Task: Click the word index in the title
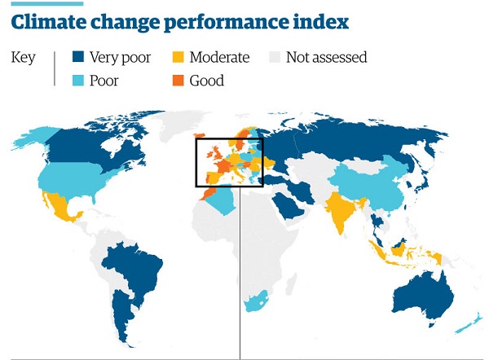point(320,21)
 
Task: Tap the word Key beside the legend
point(23,57)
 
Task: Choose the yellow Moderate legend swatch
point(177,57)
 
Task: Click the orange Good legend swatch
point(177,80)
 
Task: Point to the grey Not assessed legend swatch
point(274,57)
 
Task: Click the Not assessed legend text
point(326,57)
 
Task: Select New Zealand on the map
point(465,323)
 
